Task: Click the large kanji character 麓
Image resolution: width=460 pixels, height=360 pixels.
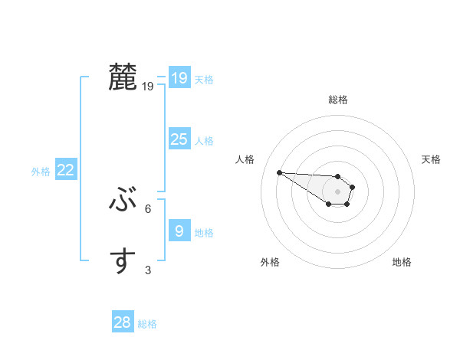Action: (x=123, y=77)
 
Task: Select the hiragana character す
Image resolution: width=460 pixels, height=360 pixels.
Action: (x=123, y=261)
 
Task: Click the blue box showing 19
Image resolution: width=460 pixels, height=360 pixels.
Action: (x=179, y=77)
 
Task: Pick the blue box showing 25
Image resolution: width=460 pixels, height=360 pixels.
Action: (x=179, y=139)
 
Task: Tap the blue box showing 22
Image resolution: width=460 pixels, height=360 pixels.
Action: (x=65, y=170)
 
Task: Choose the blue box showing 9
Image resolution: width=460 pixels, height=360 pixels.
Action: (x=179, y=231)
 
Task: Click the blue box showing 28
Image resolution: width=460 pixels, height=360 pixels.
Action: (x=123, y=322)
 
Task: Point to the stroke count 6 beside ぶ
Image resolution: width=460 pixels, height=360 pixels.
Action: (x=148, y=208)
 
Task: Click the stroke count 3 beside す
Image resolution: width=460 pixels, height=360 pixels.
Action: (x=148, y=270)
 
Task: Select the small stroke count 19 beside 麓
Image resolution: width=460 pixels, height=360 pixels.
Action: (x=148, y=87)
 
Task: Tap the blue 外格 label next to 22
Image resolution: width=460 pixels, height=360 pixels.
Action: (x=41, y=172)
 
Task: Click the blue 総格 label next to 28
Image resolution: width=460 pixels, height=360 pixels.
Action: (x=147, y=324)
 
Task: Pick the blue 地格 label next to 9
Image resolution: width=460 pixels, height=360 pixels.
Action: (x=204, y=232)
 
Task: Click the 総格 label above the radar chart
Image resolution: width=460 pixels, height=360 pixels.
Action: (x=337, y=100)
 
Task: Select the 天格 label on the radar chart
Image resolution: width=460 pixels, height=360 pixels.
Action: (x=432, y=159)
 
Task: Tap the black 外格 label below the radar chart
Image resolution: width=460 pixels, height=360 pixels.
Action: (x=270, y=262)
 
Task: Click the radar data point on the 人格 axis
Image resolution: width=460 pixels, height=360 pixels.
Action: (x=279, y=172)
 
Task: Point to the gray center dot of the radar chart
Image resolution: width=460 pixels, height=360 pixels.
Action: (x=337, y=191)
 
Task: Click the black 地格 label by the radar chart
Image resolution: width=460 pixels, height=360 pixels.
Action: (x=402, y=262)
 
